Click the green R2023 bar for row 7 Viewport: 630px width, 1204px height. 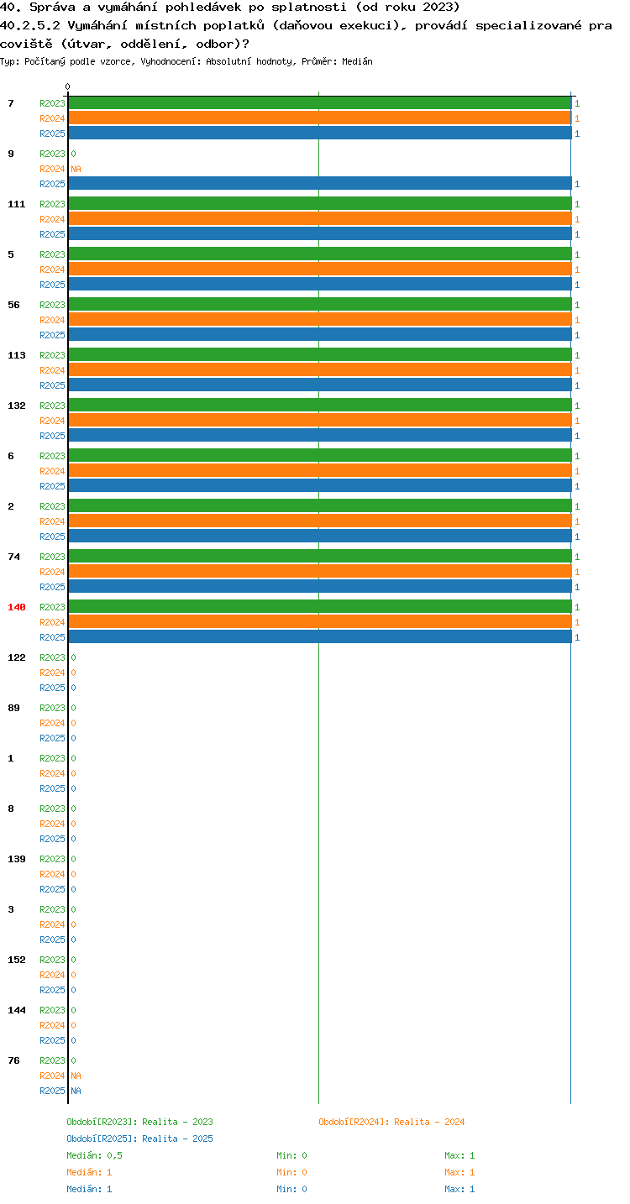coord(320,103)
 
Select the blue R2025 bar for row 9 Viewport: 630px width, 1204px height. coord(320,183)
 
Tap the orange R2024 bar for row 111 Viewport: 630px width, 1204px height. coord(320,219)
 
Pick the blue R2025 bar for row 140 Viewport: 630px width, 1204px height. coord(320,637)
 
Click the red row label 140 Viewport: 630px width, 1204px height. coord(17,607)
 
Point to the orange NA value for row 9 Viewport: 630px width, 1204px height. coord(76,169)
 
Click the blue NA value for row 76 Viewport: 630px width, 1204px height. coord(76,1091)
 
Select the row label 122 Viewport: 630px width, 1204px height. coord(17,657)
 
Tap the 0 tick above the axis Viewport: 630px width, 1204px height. coord(68,86)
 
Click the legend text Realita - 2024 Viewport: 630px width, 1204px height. coord(429,1122)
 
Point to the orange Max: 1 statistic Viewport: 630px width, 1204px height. coord(459,1172)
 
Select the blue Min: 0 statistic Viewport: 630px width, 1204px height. coord(291,1189)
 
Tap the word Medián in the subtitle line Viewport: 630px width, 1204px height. coord(358,61)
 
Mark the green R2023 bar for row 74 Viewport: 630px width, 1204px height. coord(320,557)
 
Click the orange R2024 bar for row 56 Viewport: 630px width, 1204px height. coord(320,320)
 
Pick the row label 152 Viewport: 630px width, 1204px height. coord(17,960)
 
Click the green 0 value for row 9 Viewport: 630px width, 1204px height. coord(74,154)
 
